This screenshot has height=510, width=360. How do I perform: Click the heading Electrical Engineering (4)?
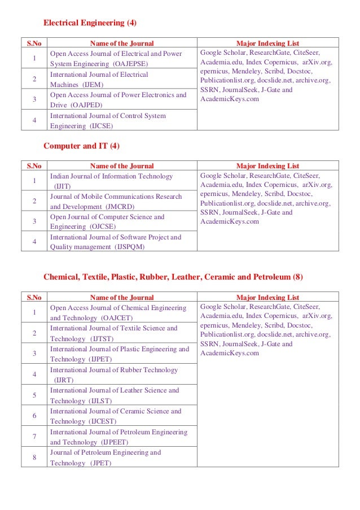click(90, 24)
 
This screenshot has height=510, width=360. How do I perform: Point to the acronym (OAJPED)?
click(85, 106)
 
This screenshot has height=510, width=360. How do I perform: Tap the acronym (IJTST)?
click(102, 339)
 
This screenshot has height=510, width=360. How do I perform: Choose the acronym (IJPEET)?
click(115, 442)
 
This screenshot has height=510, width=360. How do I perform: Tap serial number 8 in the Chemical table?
click(35, 457)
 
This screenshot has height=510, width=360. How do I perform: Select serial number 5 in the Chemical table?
click(35, 395)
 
